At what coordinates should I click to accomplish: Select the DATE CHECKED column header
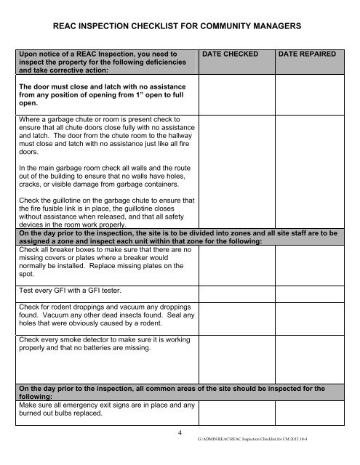coord(234,54)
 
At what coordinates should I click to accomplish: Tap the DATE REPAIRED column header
coord(311,54)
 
